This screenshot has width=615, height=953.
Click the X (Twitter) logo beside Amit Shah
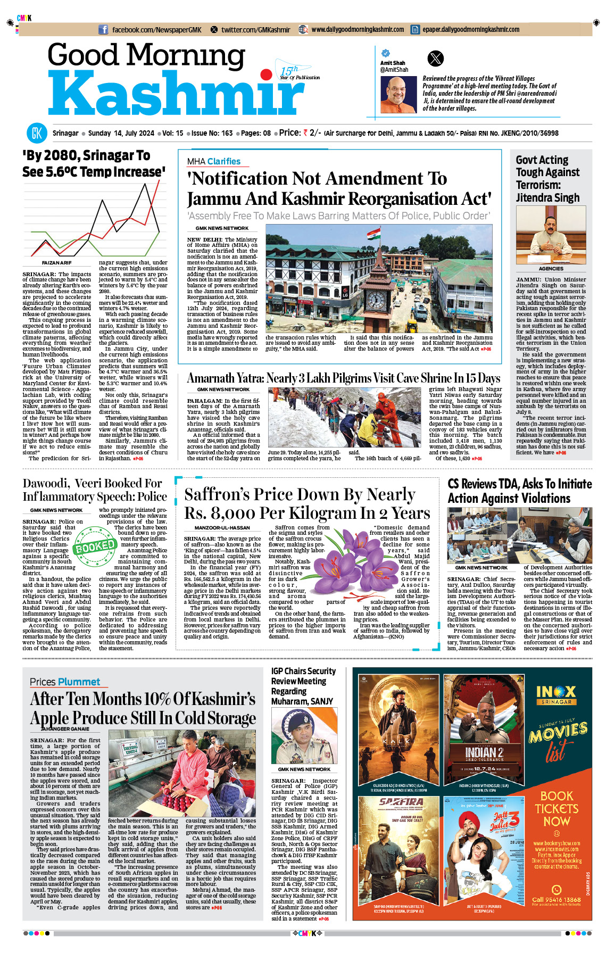click(435, 58)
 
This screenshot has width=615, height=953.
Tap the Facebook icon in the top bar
click(103, 30)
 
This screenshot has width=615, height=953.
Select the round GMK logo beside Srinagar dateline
click(37, 133)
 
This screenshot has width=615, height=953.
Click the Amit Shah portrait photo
click(398, 95)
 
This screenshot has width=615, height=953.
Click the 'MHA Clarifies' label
click(213, 161)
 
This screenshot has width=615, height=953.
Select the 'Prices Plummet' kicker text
click(65, 682)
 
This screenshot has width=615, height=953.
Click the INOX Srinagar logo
click(556, 694)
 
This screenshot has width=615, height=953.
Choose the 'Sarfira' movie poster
click(398, 846)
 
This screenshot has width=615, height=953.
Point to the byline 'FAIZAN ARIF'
click(56, 263)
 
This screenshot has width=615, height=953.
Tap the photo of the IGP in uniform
click(304, 736)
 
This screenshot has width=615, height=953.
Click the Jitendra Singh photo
click(551, 234)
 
